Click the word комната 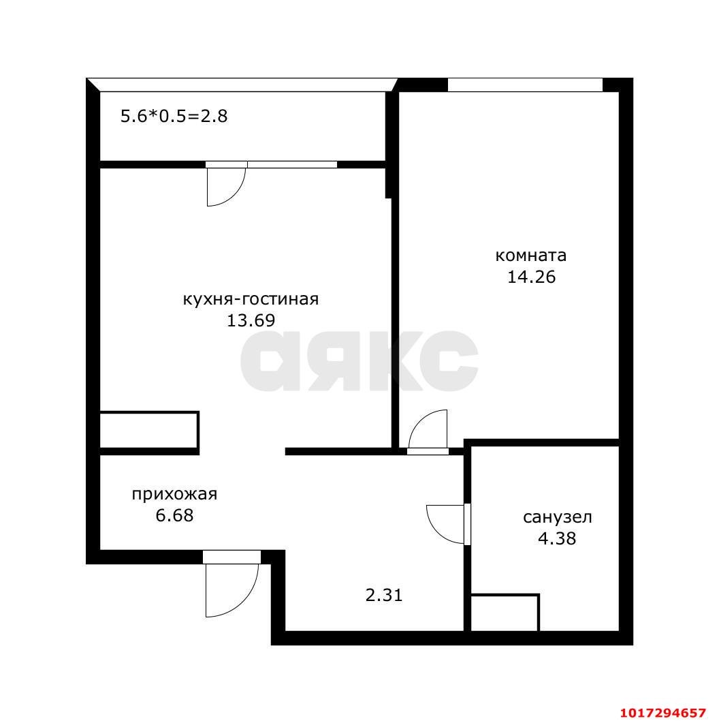[x=530, y=256]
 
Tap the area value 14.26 [x=531, y=277]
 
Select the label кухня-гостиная [x=251, y=299]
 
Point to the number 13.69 [x=251, y=320]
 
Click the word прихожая [x=174, y=495]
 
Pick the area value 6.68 [x=174, y=515]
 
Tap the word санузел [x=558, y=517]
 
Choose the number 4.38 [x=557, y=538]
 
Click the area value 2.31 [x=384, y=595]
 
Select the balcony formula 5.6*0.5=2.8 [x=174, y=117]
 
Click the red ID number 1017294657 [x=662, y=713]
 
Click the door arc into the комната [x=419, y=420]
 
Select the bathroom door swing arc [x=438, y=533]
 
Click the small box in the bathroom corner [x=505, y=613]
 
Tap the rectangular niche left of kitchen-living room [x=150, y=430]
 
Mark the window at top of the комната [x=525, y=85]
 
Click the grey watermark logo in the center [x=359, y=360]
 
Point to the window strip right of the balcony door [x=292, y=165]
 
